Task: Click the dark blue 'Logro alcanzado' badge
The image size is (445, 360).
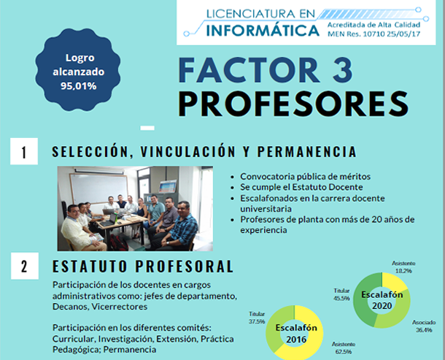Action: tap(78, 69)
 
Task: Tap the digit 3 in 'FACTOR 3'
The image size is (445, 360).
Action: tap(343, 70)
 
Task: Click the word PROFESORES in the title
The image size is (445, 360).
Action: tap(293, 104)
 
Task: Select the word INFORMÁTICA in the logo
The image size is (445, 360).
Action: tap(263, 31)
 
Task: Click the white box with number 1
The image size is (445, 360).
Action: tap(24, 151)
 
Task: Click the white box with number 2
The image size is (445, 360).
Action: tap(25, 266)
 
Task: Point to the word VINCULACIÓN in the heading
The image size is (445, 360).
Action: tap(188, 151)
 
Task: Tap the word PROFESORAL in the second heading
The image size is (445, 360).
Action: tap(184, 267)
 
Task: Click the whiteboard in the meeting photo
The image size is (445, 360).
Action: tap(98, 188)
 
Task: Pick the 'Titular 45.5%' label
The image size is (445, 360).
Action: tap(341, 295)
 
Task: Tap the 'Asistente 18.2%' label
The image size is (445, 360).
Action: tap(403, 267)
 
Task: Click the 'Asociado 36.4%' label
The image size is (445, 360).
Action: tap(424, 326)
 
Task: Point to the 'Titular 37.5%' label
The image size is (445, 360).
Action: tap(257, 318)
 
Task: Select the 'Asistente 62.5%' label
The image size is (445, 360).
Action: tap(344, 348)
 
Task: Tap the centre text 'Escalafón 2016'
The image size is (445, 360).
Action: tap(296, 334)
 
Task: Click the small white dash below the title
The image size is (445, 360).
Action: tap(147, 128)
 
